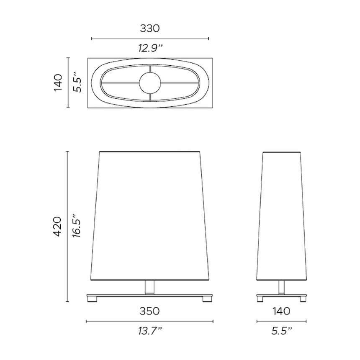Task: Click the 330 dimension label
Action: coord(150,28)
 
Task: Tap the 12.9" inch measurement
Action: coord(150,49)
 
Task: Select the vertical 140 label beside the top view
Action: coord(58,82)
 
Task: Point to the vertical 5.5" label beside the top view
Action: coord(76,82)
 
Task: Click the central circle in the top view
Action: coord(150,82)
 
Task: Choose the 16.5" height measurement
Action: coord(76,226)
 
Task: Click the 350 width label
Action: coord(149,311)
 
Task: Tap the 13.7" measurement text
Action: coord(149,331)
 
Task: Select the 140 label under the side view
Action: coord(281,311)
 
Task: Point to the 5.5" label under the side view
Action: coord(281,331)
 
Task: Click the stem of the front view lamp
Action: coord(149,287)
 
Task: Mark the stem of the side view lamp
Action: coord(281,287)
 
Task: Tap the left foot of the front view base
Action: coord(92,299)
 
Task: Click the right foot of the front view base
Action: coord(207,299)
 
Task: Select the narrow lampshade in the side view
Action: coord(281,216)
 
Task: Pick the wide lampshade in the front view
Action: coord(149,216)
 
